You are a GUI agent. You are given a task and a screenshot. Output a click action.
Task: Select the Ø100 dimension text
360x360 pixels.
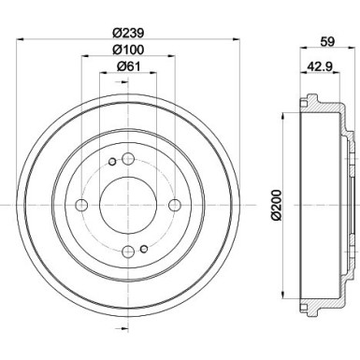(x=127, y=49)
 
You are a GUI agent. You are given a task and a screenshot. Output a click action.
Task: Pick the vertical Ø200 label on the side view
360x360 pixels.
(x=275, y=201)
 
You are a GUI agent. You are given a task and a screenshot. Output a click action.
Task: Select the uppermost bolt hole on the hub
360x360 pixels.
(x=128, y=158)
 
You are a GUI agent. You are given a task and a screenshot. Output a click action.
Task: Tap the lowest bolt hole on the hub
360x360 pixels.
(x=128, y=250)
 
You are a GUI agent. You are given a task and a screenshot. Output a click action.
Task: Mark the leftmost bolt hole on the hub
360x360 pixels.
(x=81, y=204)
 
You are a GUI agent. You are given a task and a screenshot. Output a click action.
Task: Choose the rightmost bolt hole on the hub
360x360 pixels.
(x=174, y=204)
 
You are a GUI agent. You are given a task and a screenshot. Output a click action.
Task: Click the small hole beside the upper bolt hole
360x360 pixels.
(x=111, y=162)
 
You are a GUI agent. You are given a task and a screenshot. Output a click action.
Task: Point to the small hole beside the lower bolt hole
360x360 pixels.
(x=144, y=247)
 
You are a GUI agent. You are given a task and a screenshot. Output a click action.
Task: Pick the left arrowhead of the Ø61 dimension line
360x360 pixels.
(x=102, y=74)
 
